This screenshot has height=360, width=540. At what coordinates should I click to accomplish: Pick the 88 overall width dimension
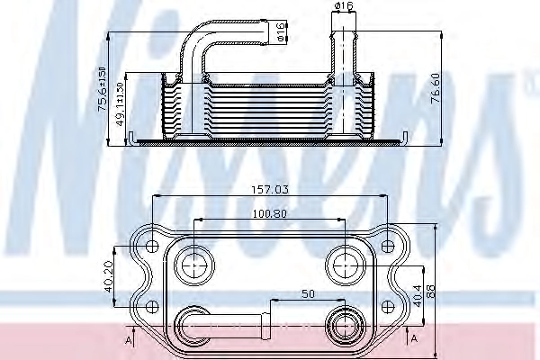(x=430, y=291)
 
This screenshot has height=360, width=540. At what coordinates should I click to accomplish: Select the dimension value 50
(x=307, y=294)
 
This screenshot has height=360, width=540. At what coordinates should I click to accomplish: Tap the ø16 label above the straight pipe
(x=342, y=8)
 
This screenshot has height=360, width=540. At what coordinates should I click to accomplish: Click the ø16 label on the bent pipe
(x=281, y=33)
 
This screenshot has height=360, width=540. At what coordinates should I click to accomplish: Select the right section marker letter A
(x=413, y=339)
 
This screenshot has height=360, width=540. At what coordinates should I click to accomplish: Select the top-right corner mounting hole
(x=388, y=244)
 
